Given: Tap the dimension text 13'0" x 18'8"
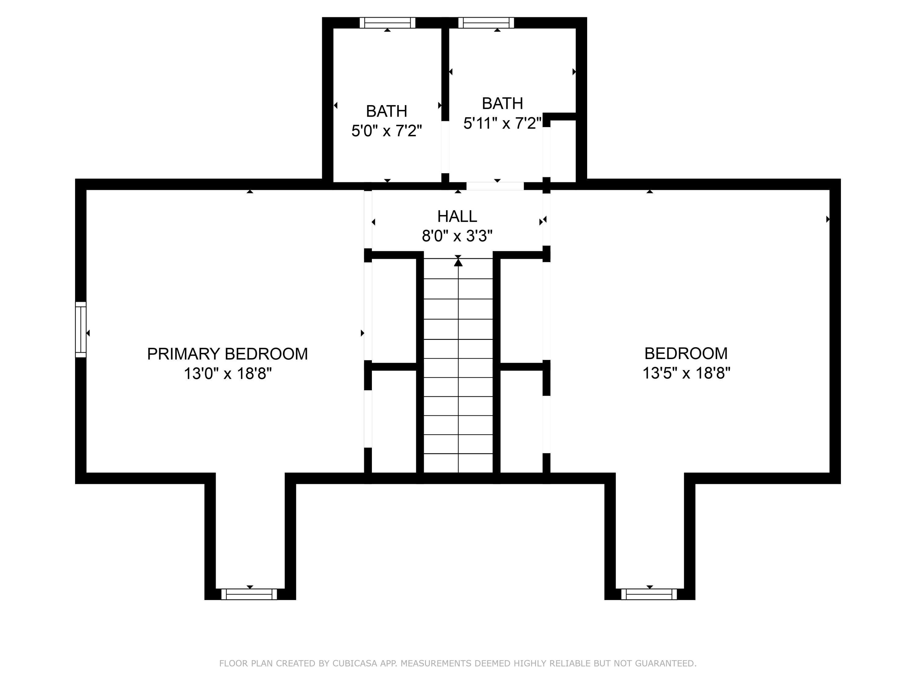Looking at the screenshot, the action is (x=227, y=374).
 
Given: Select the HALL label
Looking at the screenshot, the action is (x=457, y=216).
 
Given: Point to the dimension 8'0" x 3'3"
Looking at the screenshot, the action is (x=457, y=236).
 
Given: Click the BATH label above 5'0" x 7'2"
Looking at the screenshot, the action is (x=386, y=111).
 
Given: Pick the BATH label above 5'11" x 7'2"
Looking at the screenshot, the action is (x=502, y=103).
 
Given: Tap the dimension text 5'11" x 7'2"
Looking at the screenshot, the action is (x=502, y=123).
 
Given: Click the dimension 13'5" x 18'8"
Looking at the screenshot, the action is (x=686, y=373).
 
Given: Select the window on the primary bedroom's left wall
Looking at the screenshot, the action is (x=81, y=330).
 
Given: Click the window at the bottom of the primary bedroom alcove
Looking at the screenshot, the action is (x=249, y=594).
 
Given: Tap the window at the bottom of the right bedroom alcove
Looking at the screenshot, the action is (x=649, y=594).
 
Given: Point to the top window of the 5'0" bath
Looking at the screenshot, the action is (x=387, y=23).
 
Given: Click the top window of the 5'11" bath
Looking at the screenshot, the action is (x=486, y=23).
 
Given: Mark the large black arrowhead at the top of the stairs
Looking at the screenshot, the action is (x=458, y=262).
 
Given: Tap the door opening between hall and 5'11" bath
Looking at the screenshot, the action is (x=495, y=186).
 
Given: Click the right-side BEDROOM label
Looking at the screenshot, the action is (x=686, y=354).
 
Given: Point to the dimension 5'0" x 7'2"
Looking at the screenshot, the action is (x=386, y=131).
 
